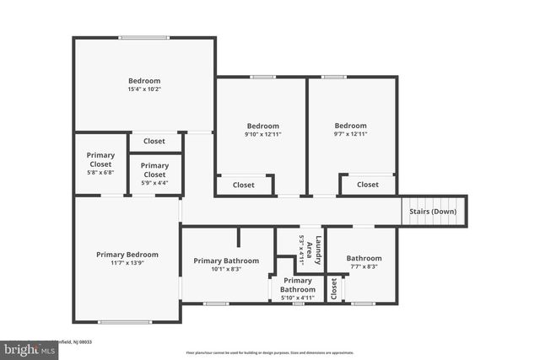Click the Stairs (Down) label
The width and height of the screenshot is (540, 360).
coord(433,212)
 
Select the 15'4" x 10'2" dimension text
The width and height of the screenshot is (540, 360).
coord(144,89)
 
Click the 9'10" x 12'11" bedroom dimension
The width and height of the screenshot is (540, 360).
coord(262,134)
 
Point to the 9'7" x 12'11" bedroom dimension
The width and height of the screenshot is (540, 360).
coord(350,134)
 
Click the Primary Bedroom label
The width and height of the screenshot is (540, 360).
coord(127,255)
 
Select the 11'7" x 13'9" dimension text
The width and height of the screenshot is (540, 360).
coord(127,264)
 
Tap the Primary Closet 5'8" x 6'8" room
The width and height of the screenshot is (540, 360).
coord(100,164)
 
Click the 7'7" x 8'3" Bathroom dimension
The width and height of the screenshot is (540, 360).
coord(364,267)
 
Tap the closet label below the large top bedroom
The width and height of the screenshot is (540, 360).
coord(154,142)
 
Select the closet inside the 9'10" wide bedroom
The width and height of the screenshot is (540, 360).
coord(244,185)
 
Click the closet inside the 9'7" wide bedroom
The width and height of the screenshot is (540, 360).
coord(368,185)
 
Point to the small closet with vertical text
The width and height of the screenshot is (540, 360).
coord(334,289)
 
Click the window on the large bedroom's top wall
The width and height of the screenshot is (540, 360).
coord(143,37)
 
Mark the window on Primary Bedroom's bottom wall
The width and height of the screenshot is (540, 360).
coord(126,321)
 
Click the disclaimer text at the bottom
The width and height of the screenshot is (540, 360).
coord(270,352)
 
